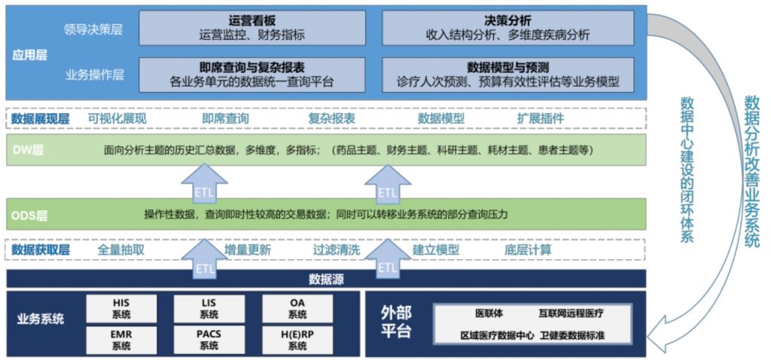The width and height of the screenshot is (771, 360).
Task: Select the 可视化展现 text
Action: [117, 118]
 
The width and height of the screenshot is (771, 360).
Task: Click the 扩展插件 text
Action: [540, 118]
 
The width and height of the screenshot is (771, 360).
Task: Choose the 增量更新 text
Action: [248, 249]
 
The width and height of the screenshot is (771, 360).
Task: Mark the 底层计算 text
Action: [528, 249]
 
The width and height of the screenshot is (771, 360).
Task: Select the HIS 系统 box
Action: [121, 307]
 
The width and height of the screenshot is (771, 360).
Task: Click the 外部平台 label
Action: [397, 322]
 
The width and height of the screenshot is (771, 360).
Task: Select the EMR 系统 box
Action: [121, 339]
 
